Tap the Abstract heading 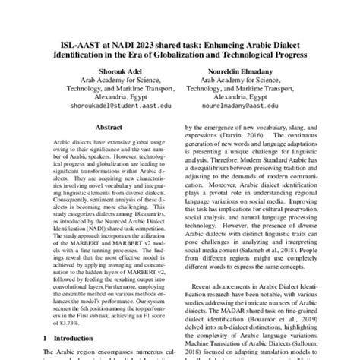coord(111,129)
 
